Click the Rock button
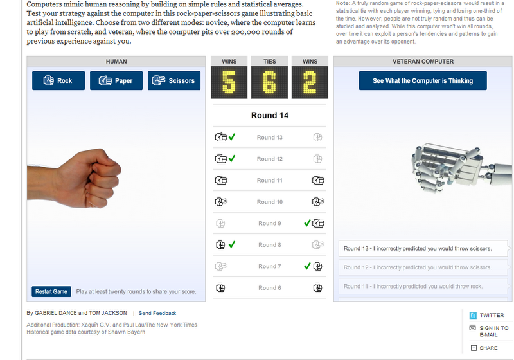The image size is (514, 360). click(58, 80)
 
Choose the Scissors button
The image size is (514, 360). click(174, 80)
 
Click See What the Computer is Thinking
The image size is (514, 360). click(423, 80)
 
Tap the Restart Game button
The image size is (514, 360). click(51, 291)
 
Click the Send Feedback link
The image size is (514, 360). click(157, 313)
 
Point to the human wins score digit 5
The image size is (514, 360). click(229, 82)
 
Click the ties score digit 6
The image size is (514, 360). click(269, 82)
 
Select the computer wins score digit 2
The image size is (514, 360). click(310, 82)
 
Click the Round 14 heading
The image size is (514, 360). click(270, 116)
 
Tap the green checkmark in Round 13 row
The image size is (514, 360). click(232, 137)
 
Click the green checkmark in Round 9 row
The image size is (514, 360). click(307, 223)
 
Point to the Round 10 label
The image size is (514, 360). click(270, 202)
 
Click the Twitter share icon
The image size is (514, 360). click(473, 315)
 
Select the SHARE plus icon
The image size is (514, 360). click(474, 348)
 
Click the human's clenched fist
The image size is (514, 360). click(89, 179)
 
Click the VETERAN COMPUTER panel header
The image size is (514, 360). click(423, 61)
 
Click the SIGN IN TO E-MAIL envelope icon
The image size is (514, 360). click(472, 328)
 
